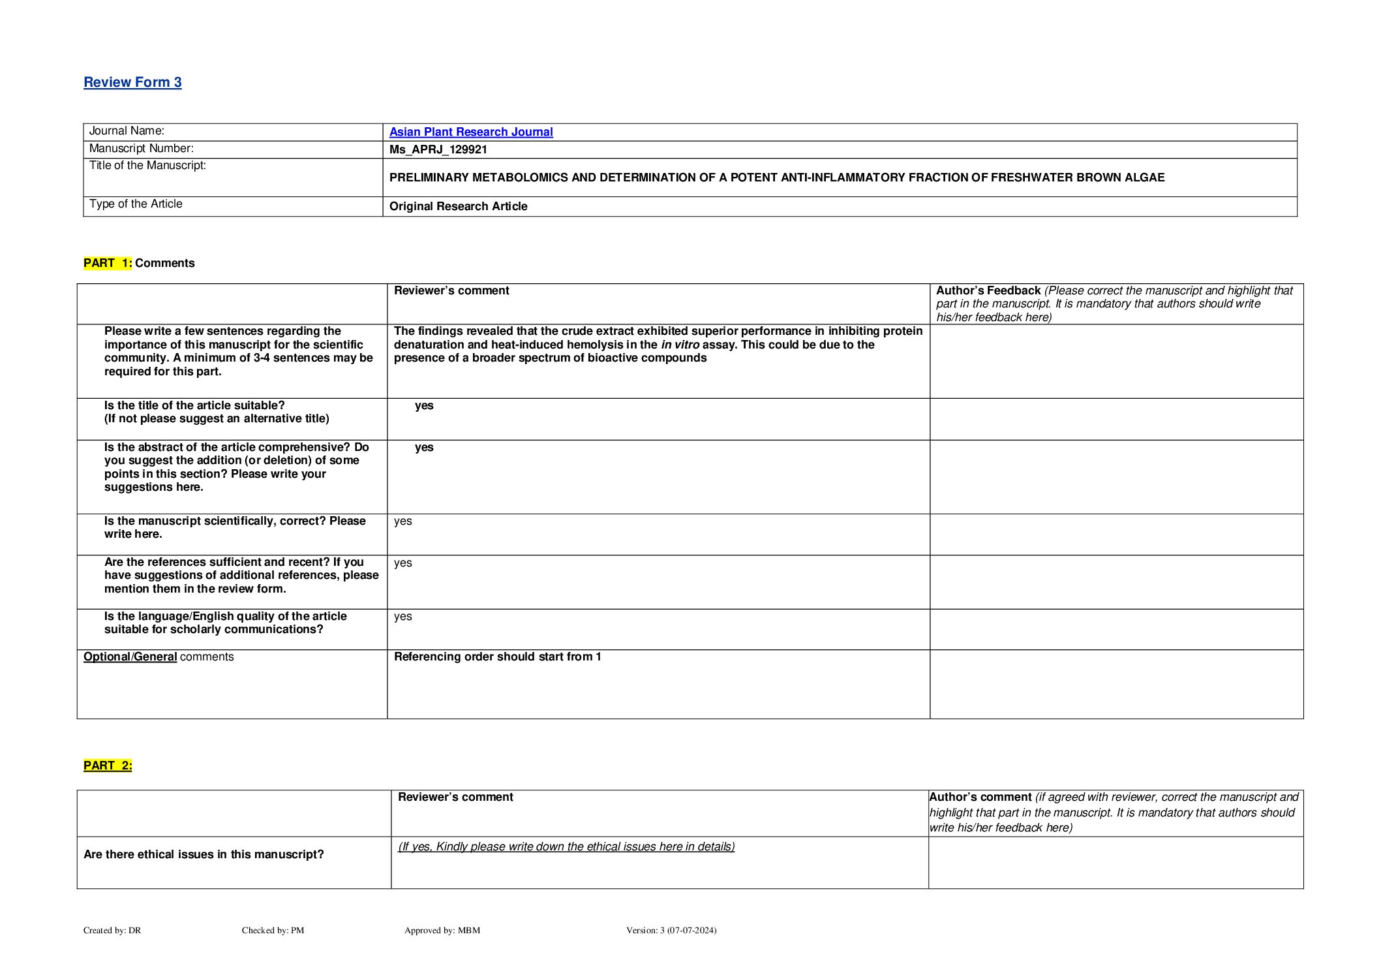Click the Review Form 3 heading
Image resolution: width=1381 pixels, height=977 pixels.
point(132,82)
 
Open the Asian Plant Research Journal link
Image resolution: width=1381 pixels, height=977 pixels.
point(470,132)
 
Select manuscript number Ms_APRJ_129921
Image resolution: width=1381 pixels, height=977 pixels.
point(438,149)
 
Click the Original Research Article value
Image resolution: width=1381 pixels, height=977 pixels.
point(458,206)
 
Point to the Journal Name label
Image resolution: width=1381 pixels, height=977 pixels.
point(127,131)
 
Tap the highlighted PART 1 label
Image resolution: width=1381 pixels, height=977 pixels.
point(108,263)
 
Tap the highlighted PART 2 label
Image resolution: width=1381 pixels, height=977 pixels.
point(108,766)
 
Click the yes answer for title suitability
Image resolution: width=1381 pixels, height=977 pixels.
point(424,405)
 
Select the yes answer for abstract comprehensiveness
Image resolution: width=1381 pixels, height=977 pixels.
point(424,447)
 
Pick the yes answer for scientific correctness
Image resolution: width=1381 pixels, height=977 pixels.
point(403,521)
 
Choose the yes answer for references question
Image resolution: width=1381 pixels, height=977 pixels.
point(403,563)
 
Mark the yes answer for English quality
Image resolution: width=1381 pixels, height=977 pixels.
point(403,616)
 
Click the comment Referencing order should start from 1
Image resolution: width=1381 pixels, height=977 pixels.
point(497,657)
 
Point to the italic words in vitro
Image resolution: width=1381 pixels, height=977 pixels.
point(680,345)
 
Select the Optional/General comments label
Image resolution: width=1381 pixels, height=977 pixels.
point(159,657)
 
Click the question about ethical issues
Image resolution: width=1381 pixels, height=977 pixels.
point(204,854)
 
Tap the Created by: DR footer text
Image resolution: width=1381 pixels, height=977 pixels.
point(112,930)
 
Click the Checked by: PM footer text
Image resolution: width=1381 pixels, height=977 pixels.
point(273,930)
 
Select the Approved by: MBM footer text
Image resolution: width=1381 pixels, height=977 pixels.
point(442,930)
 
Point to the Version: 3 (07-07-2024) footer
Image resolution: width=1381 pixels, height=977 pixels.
point(671,930)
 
